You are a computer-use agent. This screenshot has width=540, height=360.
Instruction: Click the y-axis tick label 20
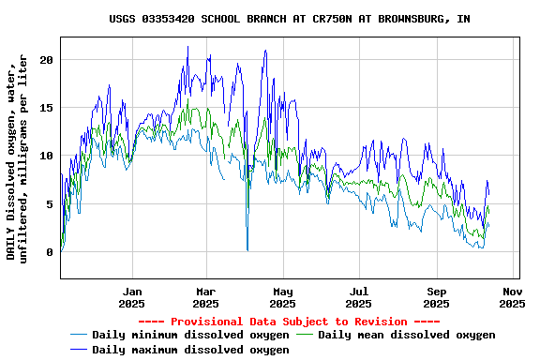pos(47,59)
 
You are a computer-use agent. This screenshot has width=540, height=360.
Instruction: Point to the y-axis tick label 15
pos(47,108)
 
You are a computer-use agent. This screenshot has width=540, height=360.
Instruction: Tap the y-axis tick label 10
pos(47,156)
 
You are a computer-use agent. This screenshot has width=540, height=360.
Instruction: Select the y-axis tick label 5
pos(51,203)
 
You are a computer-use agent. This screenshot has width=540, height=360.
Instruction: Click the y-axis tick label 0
pos(51,252)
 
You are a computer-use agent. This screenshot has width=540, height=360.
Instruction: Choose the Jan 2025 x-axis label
pos(132,297)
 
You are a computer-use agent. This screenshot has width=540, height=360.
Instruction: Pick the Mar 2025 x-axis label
pos(205,297)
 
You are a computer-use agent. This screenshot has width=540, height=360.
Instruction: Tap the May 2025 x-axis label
pos(282,297)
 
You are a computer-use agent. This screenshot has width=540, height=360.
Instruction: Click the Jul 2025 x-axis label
pos(358,297)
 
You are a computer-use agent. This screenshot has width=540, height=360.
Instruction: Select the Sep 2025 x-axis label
pos(436,297)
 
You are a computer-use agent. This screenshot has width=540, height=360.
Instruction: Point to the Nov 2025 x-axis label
pos(512,297)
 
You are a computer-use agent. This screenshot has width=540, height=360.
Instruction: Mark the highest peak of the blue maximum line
pos(187,47)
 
